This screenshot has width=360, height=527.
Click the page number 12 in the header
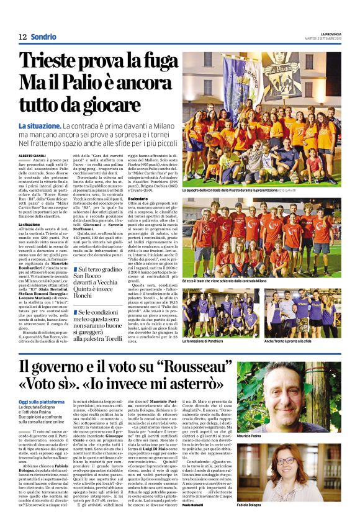coord(22,37)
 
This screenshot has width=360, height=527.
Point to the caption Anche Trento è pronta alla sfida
coord(287,342)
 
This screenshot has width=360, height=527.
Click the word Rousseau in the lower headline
coord(198,367)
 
